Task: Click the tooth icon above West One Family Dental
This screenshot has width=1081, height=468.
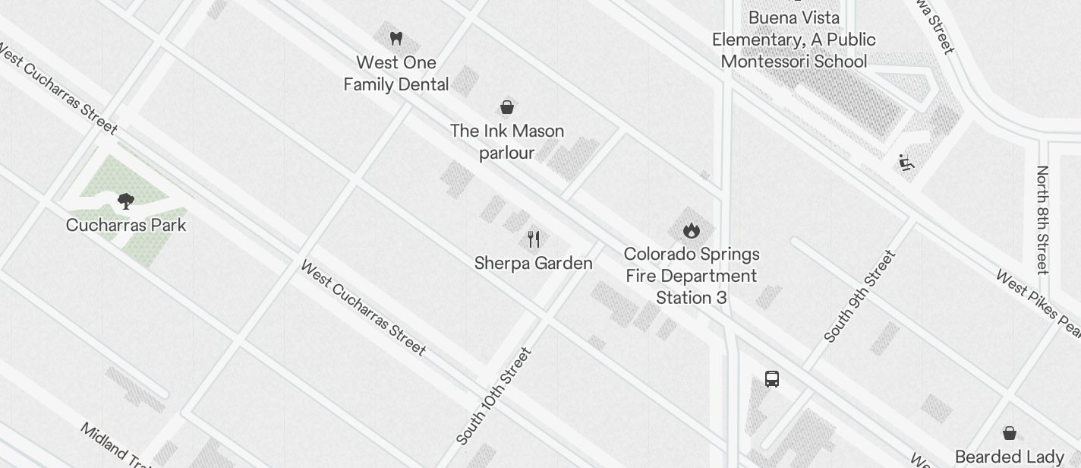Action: (396, 38)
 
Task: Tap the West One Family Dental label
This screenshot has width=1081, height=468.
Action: (396, 74)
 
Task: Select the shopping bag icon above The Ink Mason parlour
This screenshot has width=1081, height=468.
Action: (507, 107)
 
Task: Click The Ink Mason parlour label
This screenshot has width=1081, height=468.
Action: (507, 142)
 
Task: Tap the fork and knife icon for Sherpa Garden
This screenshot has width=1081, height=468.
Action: (534, 239)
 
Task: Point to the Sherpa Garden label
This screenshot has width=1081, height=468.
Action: (534, 264)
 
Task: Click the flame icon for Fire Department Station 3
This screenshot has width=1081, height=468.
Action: (691, 230)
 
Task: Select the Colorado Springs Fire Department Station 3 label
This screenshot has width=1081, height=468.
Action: (691, 276)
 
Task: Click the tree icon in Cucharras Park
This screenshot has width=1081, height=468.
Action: (126, 201)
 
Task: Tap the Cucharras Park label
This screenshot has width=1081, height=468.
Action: (126, 226)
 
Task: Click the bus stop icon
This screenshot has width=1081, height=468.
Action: (772, 379)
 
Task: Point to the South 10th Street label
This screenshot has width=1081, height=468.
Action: (494, 397)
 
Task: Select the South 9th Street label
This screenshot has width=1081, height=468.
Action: (860, 296)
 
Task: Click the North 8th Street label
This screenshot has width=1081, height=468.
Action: (1043, 220)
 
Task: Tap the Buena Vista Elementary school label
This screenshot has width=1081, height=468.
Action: (794, 40)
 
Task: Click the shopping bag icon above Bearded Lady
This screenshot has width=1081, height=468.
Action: (1010, 433)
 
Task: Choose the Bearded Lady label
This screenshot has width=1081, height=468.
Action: (1010, 457)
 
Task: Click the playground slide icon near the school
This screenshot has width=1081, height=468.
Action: (906, 162)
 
